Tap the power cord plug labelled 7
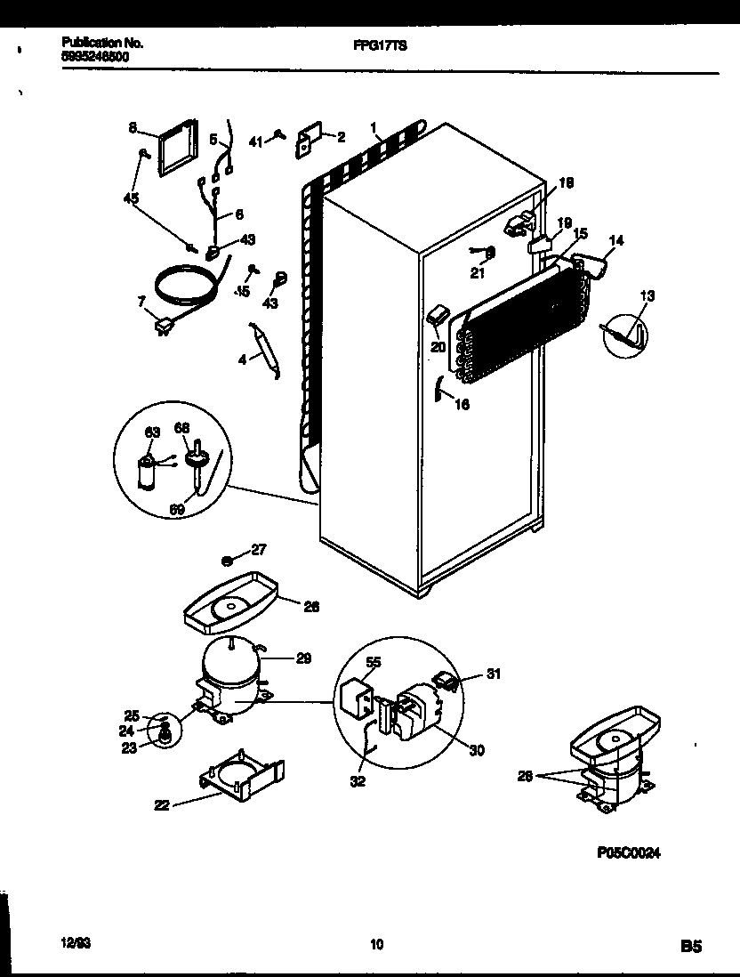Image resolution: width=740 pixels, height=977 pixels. coord(163,328)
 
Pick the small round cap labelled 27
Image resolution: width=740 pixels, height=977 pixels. coord(227,561)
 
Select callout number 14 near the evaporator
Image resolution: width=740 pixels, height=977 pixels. coord(615,239)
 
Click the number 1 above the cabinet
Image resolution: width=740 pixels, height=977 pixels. coord(374,127)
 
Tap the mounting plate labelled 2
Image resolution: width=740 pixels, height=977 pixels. coord(308,139)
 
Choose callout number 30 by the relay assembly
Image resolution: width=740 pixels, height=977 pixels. coord(477,750)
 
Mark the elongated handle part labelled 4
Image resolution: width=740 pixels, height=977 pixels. coord(265,349)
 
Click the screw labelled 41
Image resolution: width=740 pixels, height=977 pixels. coord(280,135)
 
